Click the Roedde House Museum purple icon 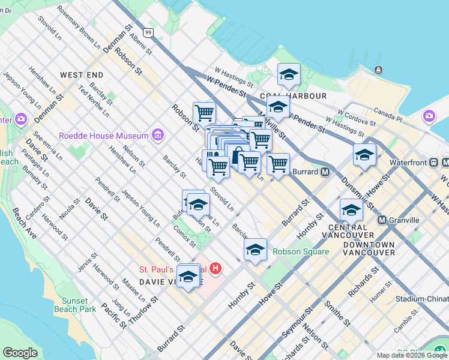tap(158, 135)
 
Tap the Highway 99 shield tap(148, 32)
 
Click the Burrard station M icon tap(325, 172)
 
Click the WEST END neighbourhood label tap(82, 75)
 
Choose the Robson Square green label tap(301, 252)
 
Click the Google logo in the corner tap(20, 353)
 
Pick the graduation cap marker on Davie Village tap(188, 277)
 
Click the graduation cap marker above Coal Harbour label tap(289, 76)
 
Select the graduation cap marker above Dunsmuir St tap(364, 155)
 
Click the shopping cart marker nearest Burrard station tap(278, 164)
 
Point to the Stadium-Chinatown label tap(422, 299)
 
